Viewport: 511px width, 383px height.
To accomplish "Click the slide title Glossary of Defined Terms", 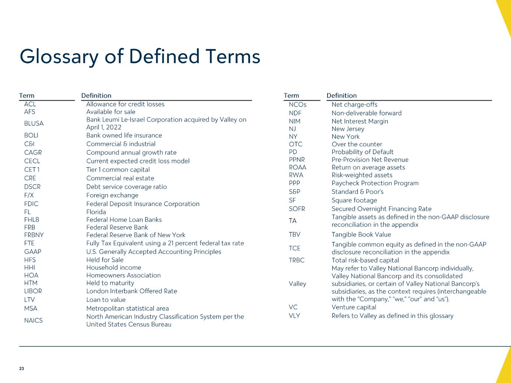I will tap(140, 57).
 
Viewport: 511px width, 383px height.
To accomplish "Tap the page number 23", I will tap(22, 369).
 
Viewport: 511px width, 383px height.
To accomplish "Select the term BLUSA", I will tap(34, 123).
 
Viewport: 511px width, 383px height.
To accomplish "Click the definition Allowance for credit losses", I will tap(125, 104).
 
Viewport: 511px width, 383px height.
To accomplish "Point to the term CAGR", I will tap(33, 153).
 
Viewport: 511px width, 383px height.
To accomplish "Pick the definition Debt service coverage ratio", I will tap(127, 187).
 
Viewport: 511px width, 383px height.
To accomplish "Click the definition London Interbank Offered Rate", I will tap(132, 291).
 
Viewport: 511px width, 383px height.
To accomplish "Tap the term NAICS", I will tap(33, 321).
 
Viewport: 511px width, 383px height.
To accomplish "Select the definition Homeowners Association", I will tap(124, 275).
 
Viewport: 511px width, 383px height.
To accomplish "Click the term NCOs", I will tap(298, 105).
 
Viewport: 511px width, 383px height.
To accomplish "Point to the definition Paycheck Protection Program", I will tap(375, 183).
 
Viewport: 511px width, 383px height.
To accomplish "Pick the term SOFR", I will tap(297, 209).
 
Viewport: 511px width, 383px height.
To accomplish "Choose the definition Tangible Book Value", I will tap(361, 235).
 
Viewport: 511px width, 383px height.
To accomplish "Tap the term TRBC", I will tap(297, 260).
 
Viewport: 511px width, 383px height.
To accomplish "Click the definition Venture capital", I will tap(354, 307).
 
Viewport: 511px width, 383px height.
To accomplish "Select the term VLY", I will tap(294, 316).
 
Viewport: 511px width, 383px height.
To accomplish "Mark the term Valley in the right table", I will tap(298, 284).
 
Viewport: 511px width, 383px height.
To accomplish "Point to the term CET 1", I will tap(32, 170).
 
